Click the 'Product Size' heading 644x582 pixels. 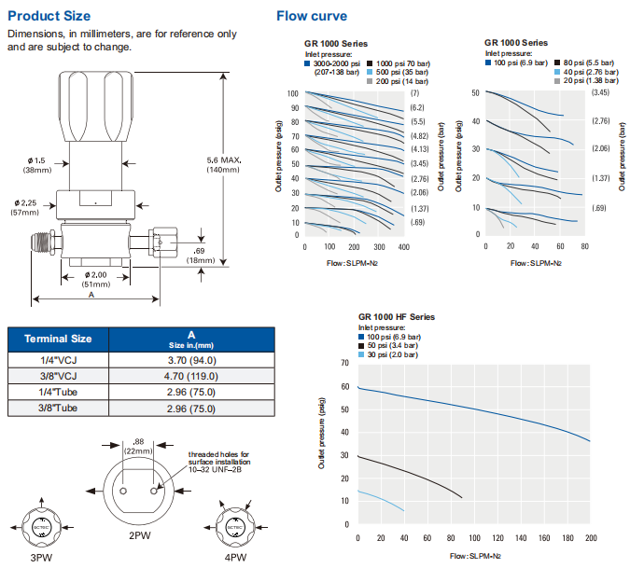(x=49, y=16)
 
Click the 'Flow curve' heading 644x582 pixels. (x=312, y=16)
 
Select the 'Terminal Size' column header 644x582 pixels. (x=58, y=338)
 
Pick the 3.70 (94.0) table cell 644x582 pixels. (x=190, y=359)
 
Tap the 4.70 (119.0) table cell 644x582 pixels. (x=190, y=376)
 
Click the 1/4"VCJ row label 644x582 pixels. (x=58, y=359)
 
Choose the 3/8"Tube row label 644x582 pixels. (x=58, y=409)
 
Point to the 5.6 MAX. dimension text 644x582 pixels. (x=224, y=160)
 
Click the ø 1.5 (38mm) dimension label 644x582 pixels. (x=37, y=165)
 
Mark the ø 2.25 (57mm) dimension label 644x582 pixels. (x=35, y=207)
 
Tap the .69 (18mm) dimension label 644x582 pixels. (x=200, y=255)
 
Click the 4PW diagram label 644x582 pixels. (x=234, y=558)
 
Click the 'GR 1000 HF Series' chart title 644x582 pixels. (x=397, y=317)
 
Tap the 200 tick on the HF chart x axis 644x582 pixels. (x=590, y=539)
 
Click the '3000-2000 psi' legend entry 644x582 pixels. (x=341, y=62)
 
